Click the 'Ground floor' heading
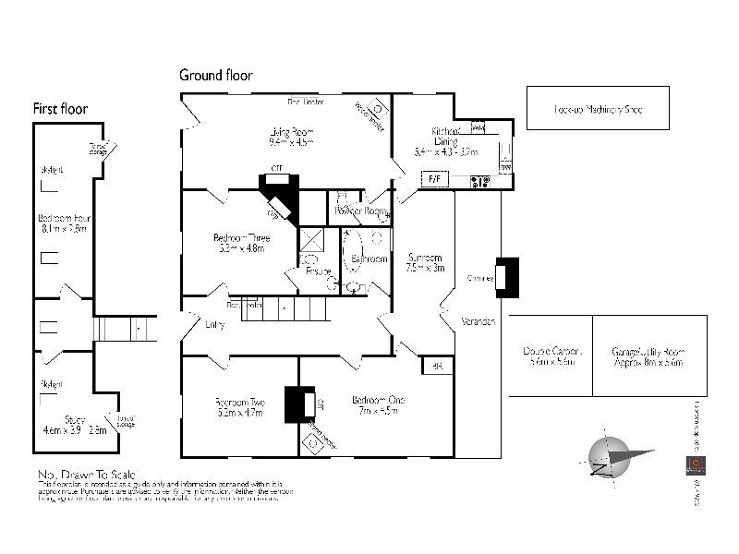click(x=215, y=75)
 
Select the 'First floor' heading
click(x=60, y=108)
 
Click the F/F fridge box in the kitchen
click(x=432, y=178)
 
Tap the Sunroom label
click(x=426, y=258)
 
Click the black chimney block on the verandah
click(x=507, y=276)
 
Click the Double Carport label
click(x=550, y=351)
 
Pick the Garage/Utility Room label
click(x=648, y=351)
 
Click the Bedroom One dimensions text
click(x=378, y=412)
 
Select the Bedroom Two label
click(x=240, y=402)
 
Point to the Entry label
click(x=214, y=324)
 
